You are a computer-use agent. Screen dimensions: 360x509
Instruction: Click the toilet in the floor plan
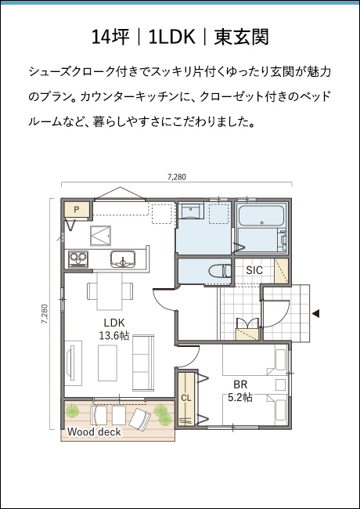(220, 271)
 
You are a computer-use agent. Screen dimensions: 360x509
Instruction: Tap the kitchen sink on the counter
(123, 259)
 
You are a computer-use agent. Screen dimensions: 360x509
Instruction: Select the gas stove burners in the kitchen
(78, 259)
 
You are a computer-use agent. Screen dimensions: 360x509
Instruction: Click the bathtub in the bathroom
(261, 216)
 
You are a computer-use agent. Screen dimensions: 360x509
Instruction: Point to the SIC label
(254, 270)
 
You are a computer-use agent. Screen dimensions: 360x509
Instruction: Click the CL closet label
(186, 398)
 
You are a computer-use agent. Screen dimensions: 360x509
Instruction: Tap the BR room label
(240, 384)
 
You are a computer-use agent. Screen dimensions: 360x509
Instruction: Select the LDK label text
(114, 323)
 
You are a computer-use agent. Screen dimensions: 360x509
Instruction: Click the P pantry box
(77, 210)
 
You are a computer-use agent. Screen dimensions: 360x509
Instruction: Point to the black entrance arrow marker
(315, 313)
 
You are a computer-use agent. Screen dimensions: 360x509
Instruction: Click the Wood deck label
(94, 431)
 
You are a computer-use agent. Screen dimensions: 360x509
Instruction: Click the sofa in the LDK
(143, 363)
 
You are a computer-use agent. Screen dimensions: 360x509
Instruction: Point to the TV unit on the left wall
(74, 363)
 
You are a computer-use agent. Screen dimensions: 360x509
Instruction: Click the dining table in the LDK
(110, 291)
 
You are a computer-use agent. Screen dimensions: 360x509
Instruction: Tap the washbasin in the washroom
(191, 211)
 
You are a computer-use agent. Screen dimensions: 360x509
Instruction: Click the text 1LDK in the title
(172, 37)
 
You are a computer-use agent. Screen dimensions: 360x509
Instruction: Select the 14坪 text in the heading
(110, 37)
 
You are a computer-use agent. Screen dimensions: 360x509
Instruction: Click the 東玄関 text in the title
(241, 37)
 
